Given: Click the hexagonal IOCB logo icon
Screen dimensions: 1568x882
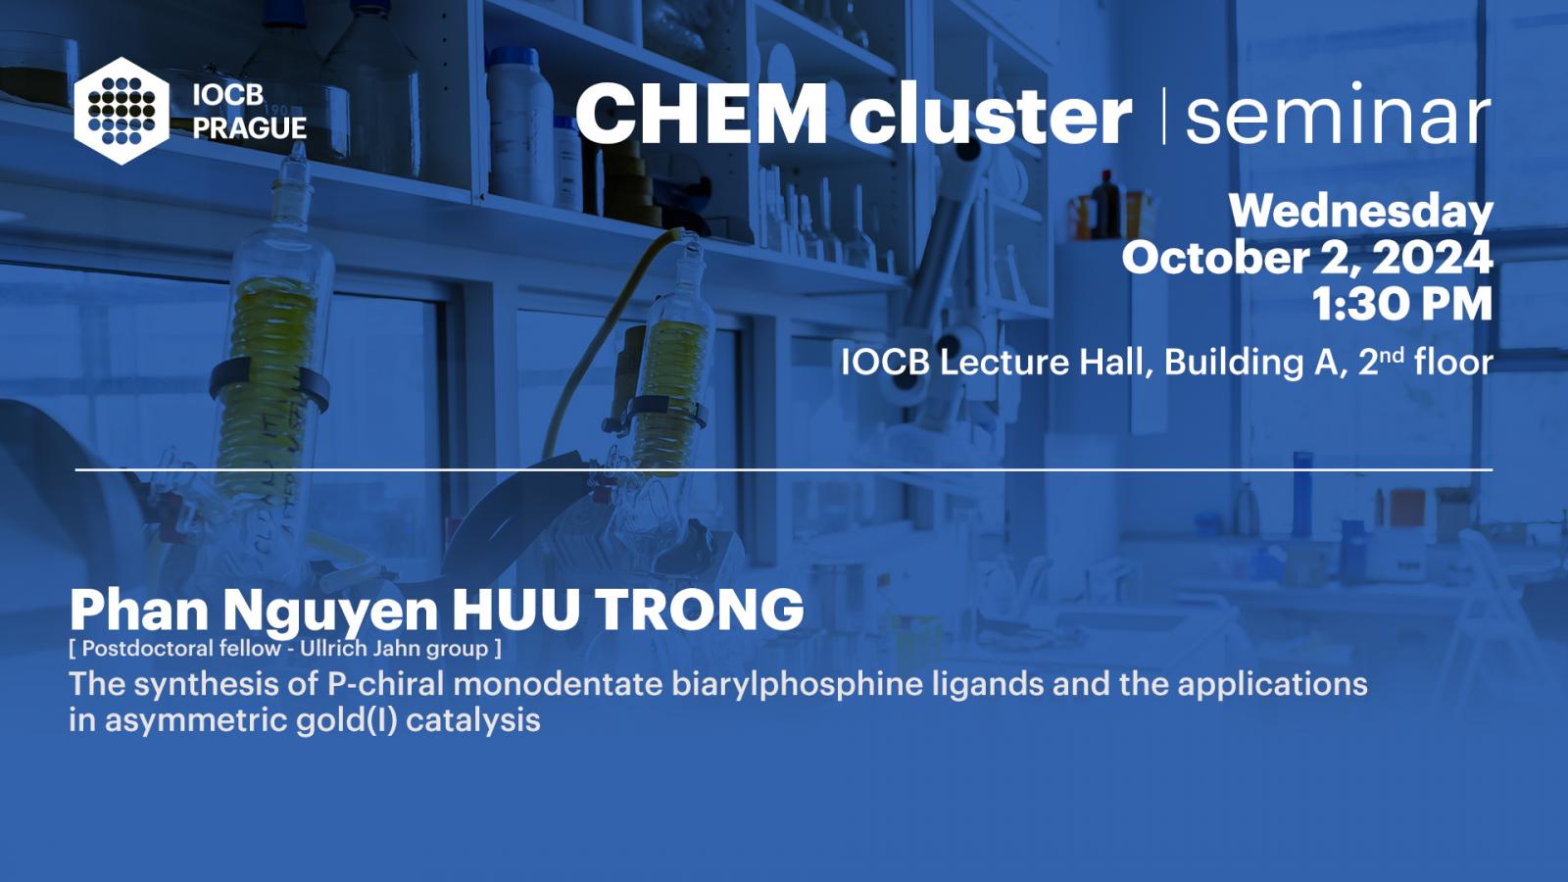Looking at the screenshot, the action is pos(122,111).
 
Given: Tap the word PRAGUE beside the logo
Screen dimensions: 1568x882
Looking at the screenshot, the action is pos(250,128).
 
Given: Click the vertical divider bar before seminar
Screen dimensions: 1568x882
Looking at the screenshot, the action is pos(1164,116).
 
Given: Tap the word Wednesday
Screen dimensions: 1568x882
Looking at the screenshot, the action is pos(1361,212).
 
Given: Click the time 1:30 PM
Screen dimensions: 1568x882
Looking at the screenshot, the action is pos(1402,305).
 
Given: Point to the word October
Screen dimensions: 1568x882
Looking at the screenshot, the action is pos(1215,258).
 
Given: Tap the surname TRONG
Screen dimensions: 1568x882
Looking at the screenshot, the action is pos(700,610).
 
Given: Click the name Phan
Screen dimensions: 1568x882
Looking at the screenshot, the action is pos(138,610).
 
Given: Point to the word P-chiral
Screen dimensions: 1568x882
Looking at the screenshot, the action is pos(386,684).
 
